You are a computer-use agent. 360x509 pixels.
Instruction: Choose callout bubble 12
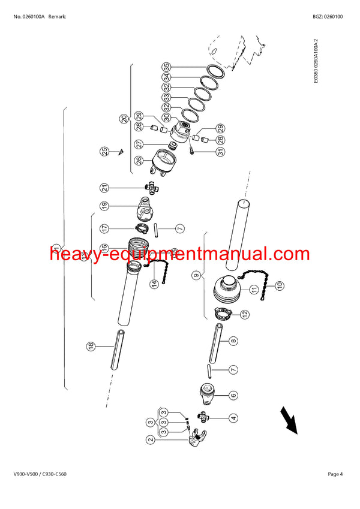[x=245, y=314]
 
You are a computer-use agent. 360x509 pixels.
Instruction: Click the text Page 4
[x=335, y=475]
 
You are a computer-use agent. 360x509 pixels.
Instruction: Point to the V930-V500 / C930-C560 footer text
[x=40, y=475]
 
